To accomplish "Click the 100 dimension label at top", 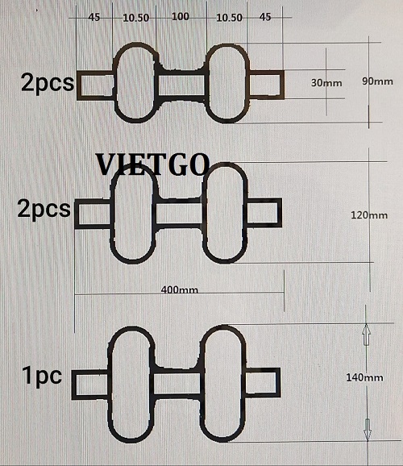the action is pos(181,17).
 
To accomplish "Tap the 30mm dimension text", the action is pos(326,82).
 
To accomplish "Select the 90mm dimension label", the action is pos(377,81).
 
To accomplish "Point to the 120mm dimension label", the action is pos(369,214).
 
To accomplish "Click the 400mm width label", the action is pos(180,289).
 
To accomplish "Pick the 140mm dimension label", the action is pos(364,377).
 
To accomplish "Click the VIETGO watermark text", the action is pos(153,164).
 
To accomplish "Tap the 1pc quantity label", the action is pos(42,376).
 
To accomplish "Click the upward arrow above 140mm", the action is pos(367,335).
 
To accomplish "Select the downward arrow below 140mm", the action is pos(368,430).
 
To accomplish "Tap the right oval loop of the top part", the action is pos(208,83).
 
